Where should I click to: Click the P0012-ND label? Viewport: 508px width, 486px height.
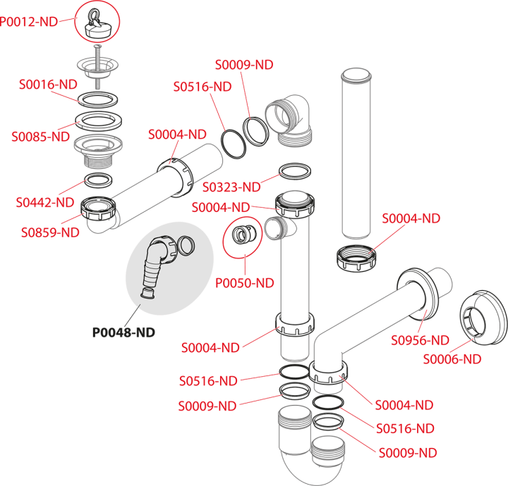[29, 21]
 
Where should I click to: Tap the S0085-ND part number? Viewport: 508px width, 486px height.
[40, 137]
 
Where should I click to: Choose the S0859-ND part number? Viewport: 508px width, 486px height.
[49, 232]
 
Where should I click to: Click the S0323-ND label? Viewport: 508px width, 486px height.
[231, 187]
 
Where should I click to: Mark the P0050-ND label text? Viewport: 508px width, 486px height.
[244, 283]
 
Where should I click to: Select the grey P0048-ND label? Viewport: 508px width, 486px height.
[123, 332]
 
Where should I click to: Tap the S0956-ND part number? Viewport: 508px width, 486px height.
[421, 340]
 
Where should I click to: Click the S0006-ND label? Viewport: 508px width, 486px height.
[452, 359]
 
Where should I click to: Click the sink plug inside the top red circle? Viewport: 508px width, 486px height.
[97, 23]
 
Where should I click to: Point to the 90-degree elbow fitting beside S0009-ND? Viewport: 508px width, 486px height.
[289, 118]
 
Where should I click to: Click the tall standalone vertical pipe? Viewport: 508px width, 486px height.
[356, 155]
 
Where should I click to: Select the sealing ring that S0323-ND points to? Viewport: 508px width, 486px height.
[296, 171]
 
